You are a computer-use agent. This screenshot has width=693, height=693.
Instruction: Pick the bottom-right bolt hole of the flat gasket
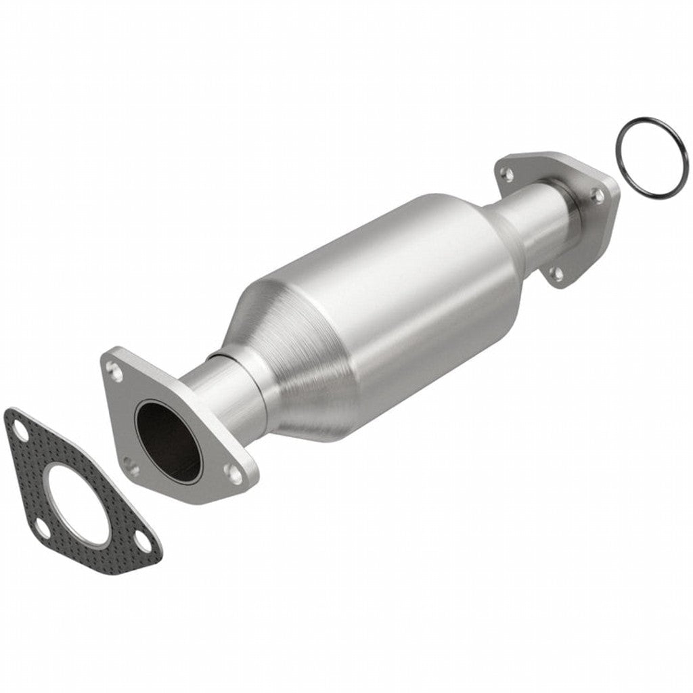tap(142, 539)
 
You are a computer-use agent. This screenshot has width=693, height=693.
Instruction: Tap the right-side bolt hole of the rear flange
tap(598, 196)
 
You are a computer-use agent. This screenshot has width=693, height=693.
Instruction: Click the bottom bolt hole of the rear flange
tap(556, 273)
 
